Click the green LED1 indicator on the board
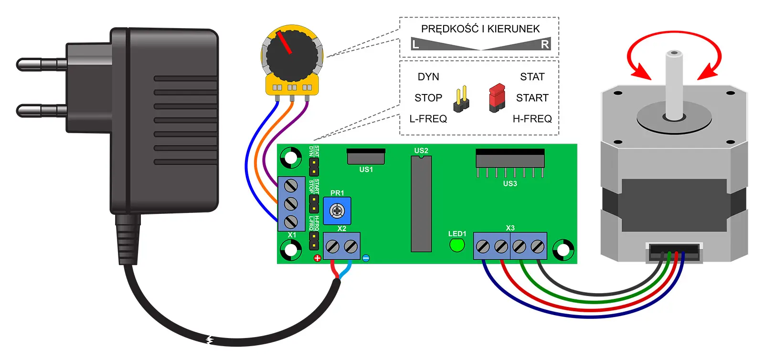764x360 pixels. pos(457,245)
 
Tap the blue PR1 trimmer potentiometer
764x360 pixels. pos(337,211)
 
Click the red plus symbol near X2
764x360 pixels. pos(317,258)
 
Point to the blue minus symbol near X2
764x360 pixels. pos(366,258)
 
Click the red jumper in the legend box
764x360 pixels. pos(497,97)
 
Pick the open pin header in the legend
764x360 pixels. pos(461,99)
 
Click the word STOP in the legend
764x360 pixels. pos(428,98)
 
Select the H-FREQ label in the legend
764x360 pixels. pos(532,119)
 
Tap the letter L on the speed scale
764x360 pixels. pos(415,45)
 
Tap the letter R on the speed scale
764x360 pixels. pos(545,44)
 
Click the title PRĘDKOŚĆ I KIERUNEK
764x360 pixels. pos(480,29)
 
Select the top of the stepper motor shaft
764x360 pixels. pos(674,53)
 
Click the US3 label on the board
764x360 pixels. pos(510,184)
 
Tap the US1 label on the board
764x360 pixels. pos(366,169)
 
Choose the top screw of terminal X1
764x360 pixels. pos(291,185)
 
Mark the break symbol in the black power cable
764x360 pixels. pos(209,339)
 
